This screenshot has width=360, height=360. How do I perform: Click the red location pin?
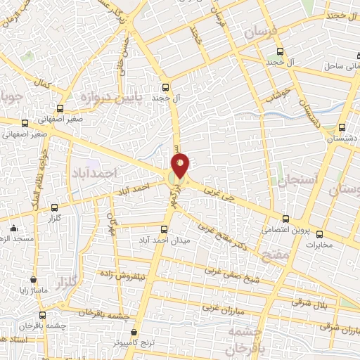(x=181, y=165)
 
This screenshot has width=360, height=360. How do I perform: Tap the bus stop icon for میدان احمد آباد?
(x=165, y=229)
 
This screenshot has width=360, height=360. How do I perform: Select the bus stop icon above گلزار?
(x=55, y=207)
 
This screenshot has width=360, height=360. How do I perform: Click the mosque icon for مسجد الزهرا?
(x=13, y=228)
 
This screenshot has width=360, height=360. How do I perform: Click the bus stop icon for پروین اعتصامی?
(x=285, y=219)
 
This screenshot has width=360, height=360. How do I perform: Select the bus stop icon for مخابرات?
(x=320, y=235)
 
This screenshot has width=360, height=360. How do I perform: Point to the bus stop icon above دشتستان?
(x=342, y=128)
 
